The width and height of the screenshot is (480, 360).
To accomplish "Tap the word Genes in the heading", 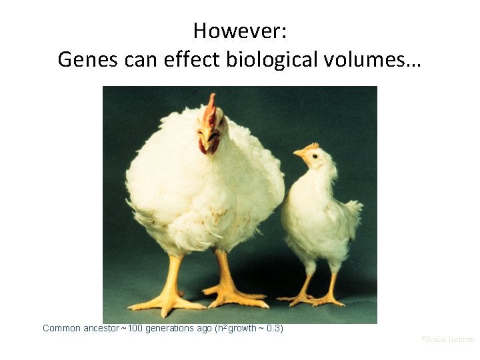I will [x=83, y=59].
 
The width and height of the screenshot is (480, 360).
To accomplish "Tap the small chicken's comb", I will [x=311, y=146].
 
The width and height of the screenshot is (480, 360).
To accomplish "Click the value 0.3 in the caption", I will [x=272, y=328].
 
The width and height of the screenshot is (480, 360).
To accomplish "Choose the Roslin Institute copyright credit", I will [x=447, y=339].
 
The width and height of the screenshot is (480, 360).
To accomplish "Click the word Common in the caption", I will [x=61, y=328].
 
